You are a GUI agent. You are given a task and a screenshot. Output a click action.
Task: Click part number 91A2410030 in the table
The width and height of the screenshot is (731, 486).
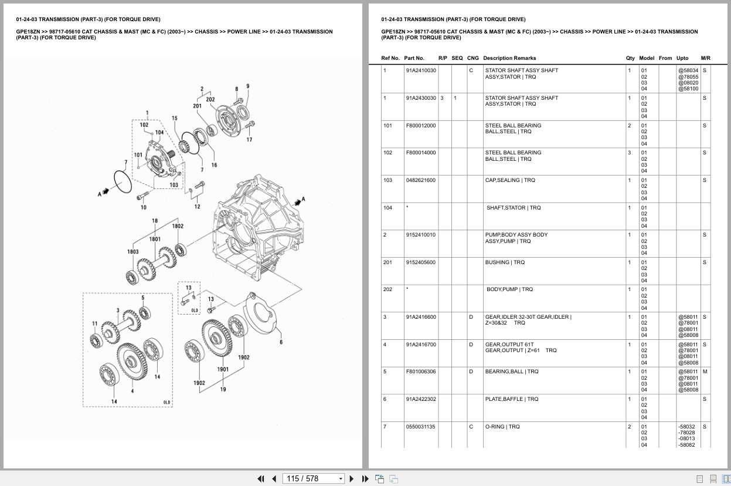click(x=421, y=70)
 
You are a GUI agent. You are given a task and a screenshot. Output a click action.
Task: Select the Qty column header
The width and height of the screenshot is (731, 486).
click(x=630, y=58)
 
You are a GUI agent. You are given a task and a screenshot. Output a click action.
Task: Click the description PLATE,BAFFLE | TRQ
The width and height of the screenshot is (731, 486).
click(x=511, y=399)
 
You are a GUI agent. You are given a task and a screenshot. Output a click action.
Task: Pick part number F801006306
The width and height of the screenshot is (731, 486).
click(x=421, y=372)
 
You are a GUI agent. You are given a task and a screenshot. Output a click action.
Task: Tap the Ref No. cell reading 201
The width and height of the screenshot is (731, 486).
click(x=387, y=262)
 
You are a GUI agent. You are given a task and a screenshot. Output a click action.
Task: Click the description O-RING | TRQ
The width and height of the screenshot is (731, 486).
click(x=502, y=427)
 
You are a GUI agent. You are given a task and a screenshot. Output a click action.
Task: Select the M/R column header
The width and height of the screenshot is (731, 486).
click(x=705, y=58)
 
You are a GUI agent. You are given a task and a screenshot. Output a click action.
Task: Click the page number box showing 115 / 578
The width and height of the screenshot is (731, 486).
click(x=313, y=478)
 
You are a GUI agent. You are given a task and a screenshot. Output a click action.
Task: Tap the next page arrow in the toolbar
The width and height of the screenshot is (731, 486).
click(x=352, y=478)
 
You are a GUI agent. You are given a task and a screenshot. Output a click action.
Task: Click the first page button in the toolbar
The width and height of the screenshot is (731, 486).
click(x=261, y=478)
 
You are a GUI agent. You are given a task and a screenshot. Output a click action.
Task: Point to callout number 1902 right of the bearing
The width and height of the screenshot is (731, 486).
click(x=243, y=357)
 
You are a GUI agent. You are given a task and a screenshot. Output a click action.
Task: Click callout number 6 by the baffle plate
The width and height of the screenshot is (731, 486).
click(x=281, y=342)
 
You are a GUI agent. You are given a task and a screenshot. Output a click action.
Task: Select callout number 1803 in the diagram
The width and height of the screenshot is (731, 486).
click(x=133, y=251)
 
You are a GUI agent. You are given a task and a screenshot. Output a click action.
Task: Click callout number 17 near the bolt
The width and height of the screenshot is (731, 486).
click(x=249, y=140)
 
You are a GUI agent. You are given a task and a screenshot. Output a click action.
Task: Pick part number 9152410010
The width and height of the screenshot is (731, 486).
click(x=421, y=235)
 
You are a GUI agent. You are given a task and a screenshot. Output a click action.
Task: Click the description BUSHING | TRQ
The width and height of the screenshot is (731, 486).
click(x=505, y=262)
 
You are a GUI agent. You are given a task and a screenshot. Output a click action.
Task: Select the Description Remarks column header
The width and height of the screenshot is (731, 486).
click(x=509, y=58)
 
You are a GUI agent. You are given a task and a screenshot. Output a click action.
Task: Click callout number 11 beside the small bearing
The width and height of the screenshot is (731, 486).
click(x=95, y=323)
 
